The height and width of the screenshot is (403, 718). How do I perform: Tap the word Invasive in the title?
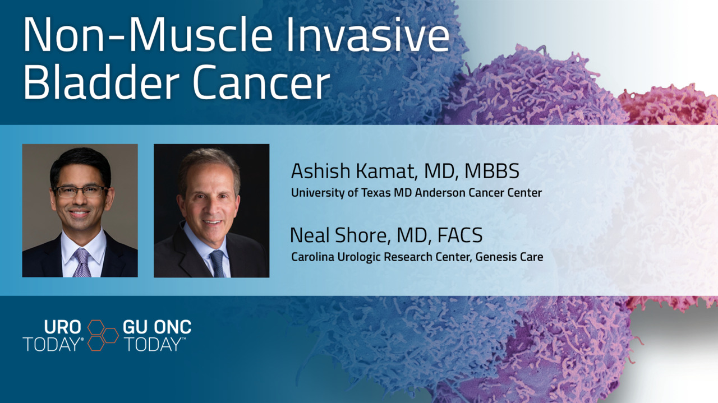pos(367,34)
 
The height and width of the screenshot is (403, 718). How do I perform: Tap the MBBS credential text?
pos(492,171)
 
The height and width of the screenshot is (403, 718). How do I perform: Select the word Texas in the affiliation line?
pos(376,192)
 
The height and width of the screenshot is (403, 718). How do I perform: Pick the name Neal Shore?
pos(339,235)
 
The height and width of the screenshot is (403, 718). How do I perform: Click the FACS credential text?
pos(459,235)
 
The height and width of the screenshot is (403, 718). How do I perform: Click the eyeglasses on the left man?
pos(80,191)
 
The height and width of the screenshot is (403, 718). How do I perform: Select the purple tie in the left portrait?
pos(82,263)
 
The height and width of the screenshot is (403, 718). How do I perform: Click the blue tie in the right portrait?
pos(218,264)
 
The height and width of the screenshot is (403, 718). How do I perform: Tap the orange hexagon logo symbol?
pos(103,335)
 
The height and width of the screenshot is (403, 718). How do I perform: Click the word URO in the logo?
pos(62,327)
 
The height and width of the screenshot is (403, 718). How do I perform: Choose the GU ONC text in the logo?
pos(157,327)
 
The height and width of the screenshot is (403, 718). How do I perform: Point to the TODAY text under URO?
pos(52,344)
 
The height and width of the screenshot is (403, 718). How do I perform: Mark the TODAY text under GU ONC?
pos(153,344)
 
